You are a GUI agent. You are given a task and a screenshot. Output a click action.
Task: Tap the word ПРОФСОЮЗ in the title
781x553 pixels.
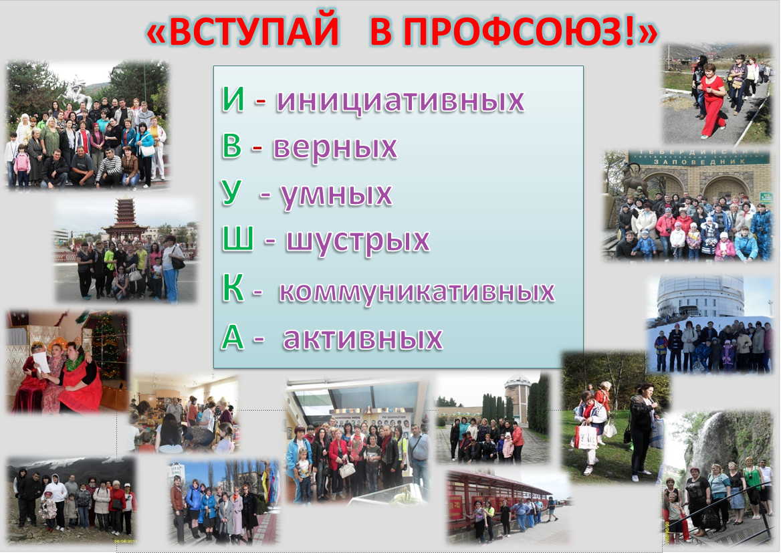pos(502,31)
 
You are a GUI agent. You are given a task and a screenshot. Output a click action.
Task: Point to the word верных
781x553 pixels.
pos(335,148)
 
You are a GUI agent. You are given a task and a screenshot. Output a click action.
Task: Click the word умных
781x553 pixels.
pos(336,195)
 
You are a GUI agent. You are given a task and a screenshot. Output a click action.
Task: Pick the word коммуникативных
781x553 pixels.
pos(417,292)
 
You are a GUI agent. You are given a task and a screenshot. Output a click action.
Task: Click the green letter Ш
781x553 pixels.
pos(238,239)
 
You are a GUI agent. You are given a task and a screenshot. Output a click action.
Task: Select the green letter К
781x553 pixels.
pos(233,288)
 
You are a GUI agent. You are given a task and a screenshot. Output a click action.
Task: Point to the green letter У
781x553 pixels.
pos(231,193)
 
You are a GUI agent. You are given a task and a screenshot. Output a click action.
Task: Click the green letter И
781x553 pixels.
pos(233,99)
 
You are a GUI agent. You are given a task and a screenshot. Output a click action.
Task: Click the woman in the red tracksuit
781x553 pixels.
pos(711,100)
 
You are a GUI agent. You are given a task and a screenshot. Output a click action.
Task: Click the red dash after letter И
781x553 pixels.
pos(261,102)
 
